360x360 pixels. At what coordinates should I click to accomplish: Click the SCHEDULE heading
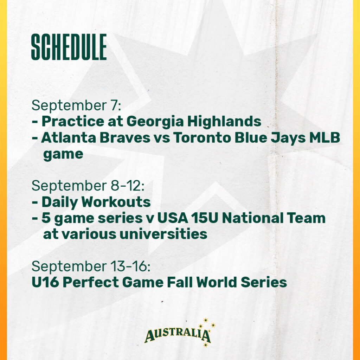(x=69, y=47)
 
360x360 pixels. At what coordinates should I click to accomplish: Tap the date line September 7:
(x=76, y=105)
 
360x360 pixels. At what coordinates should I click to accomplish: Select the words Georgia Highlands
(x=194, y=122)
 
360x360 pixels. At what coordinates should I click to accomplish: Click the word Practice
(x=73, y=121)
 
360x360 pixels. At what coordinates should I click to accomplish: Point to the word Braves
(x=125, y=138)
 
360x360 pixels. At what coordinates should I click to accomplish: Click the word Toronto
(x=202, y=138)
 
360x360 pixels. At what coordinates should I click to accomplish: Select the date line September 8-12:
(x=88, y=186)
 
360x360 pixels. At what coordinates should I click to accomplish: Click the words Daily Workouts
(x=96, y=202)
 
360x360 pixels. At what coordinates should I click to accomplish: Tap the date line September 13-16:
(x=91, y=266)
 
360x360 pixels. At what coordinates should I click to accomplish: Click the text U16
(x=45, y=282)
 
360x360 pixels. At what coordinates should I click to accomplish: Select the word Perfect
(x=91, y=282)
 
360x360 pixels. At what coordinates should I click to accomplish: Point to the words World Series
(x=242, y=282)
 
